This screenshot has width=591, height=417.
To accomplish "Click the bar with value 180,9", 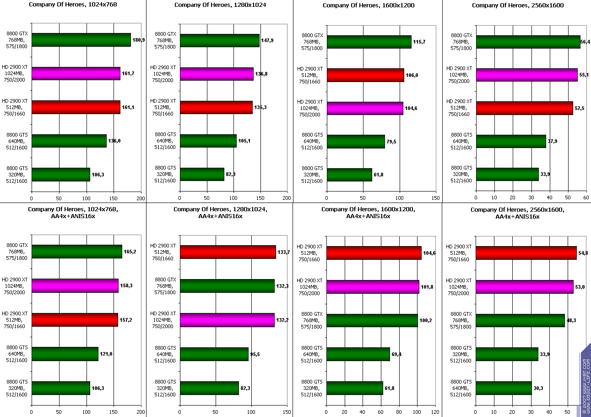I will pyautogui.click(x=81, y=40).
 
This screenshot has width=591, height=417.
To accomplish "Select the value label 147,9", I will pyautogui.click(x=267, y=40).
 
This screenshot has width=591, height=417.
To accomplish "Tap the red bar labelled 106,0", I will pyautogui.click(x=365, y=75).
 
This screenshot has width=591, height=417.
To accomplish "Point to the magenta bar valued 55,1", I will pyautogui.click(x=526, y=75).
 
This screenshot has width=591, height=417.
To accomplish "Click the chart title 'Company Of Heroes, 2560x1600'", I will pyautogui.click(x=517, y=5).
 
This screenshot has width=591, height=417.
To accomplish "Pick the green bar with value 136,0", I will pyautogui.click(x=69, y=141).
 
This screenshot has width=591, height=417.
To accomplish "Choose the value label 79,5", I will pyautogui.click(x=391, y=142).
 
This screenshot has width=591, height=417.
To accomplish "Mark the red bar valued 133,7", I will pyautogui.click(x=228, y=252).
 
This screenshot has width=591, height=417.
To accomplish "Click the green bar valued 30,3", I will pyautogui.click(x=504, y=388).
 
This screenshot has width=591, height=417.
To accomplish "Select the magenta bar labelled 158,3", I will pyautogui.click(x=75, y=286).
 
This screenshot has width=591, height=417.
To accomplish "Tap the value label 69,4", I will pyautogui.click(x=396, y=354).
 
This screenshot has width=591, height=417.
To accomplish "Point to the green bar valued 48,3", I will pyautogui.click(x=520, y=320).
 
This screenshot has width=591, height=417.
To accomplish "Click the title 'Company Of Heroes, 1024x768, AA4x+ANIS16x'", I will pyautogui.click(x=73, y=213).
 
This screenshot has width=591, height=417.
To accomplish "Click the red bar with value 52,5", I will pyautogui.click(x=524, y=108).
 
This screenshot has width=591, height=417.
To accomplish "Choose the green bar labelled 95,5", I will pyautogui.click(x=214, y=354).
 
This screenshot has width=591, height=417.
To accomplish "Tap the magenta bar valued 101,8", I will pyautogui.click(x=372, y=287).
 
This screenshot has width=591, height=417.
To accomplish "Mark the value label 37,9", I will pyautogui.click(x=553, y=141).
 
